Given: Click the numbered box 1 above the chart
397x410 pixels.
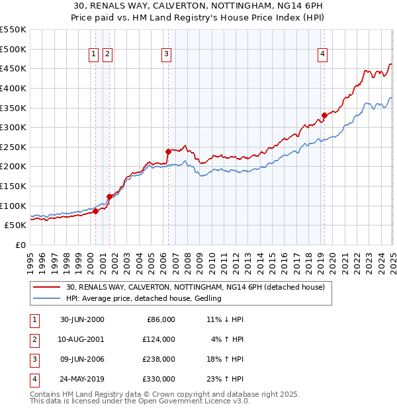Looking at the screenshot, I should tap(93, 55).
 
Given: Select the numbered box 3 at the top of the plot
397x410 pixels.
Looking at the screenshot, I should tap(166, 55).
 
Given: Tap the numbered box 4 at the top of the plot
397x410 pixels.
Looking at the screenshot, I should tap(322, 55).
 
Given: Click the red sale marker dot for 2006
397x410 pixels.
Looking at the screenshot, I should tap(168, 151).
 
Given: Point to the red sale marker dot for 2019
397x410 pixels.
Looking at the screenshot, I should tap(324, 115).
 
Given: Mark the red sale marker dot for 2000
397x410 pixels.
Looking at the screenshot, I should tap(96, 211).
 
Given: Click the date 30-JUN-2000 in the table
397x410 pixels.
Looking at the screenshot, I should tap(82, 319).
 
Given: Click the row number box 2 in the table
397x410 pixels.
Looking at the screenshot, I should tap(33, 339).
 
